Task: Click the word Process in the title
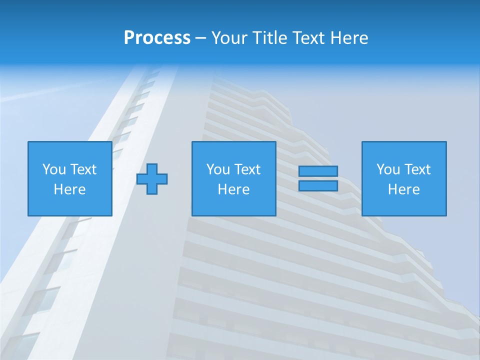157,38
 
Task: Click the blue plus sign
152,178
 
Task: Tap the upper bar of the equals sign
318,171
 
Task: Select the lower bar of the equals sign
318,185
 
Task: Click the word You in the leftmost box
54,169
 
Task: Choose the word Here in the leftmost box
69,189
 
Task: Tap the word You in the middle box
218,169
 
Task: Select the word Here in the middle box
233,189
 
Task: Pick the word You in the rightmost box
388,169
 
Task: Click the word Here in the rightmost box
403,189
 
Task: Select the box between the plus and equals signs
233,205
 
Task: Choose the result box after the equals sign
404,205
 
